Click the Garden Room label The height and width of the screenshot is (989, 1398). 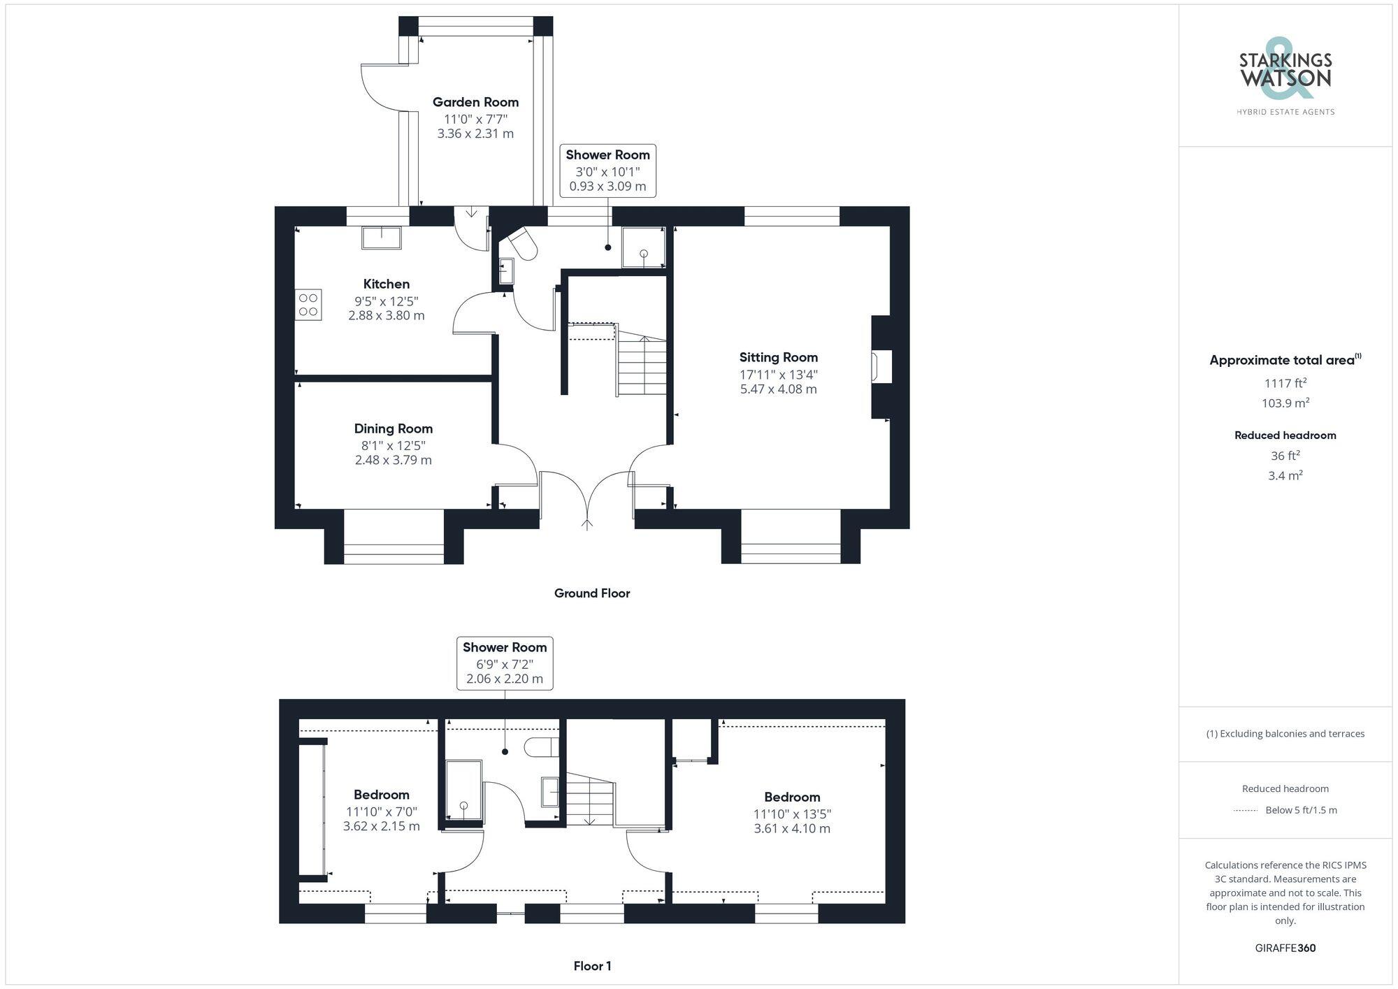(475, 102)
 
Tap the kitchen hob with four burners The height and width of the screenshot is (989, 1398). (308, 305)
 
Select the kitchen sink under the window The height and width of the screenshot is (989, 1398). (382, 238)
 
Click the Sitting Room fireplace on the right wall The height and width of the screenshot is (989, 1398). (881, 368)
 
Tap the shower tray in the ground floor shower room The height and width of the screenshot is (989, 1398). (643, 247)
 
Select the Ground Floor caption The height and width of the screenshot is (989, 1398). (592, 593)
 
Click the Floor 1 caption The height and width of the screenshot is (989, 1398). (592, 966)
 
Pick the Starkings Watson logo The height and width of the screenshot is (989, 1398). (1285, 77)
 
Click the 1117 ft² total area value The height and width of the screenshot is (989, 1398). (1285, 383)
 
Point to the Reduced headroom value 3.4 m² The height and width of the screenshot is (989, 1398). (1285, 476)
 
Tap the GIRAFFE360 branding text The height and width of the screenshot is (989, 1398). (1285, 948)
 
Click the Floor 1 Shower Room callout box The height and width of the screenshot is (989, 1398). (505, 663)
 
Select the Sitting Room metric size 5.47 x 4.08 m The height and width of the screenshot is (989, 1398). (778, 389)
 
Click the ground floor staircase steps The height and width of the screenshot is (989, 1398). (641, 367)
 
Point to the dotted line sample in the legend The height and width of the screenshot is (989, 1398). (1246, 811)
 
